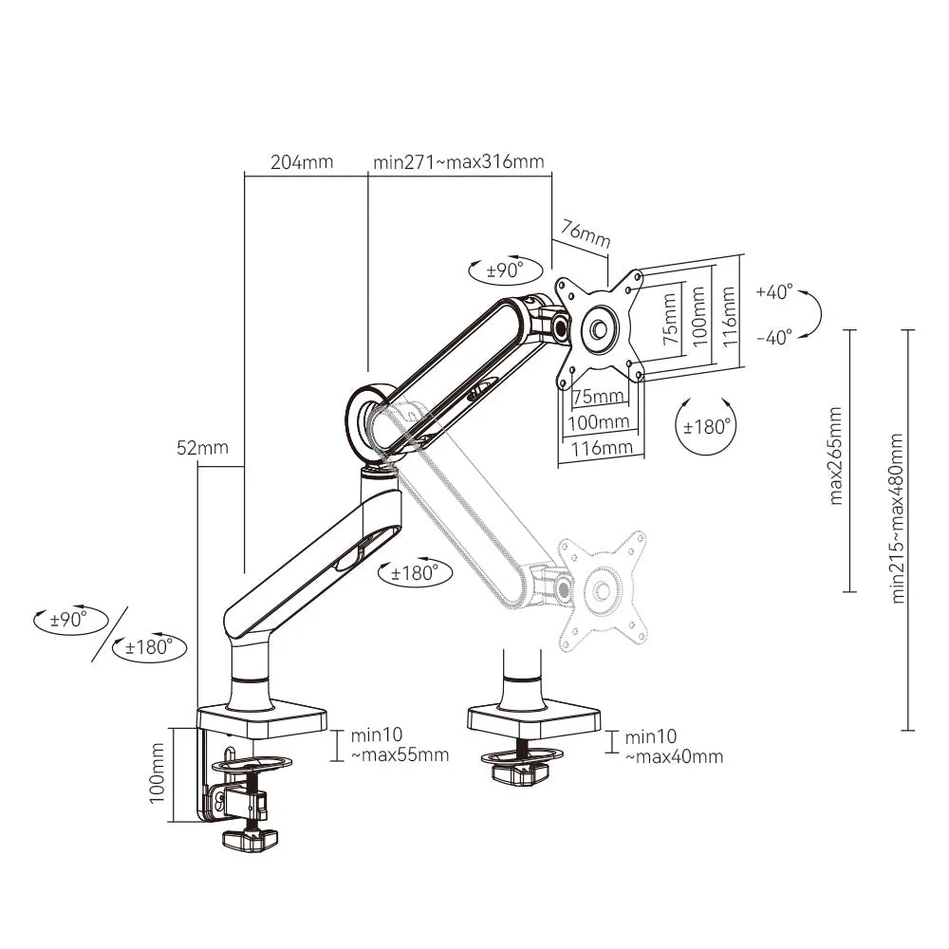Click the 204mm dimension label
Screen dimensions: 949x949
tap(302, 161)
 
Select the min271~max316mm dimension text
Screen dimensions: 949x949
tap(458, 161)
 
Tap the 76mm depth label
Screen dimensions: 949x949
tap(586, 233)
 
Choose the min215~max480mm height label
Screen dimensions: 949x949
tap(897, 517)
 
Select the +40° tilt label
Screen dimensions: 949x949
tap(774, 292)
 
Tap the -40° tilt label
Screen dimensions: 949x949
tap(774, 338)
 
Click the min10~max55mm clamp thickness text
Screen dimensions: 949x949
tap(399, 745)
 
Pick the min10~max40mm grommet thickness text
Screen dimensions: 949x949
tap(674, 746)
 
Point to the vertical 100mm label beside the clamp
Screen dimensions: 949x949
tap(158, 773)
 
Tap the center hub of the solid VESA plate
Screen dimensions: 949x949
tap(600, 329)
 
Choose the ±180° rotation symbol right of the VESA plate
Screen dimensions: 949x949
tap(708, 427)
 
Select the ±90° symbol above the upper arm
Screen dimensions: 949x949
tap(506, 270)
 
